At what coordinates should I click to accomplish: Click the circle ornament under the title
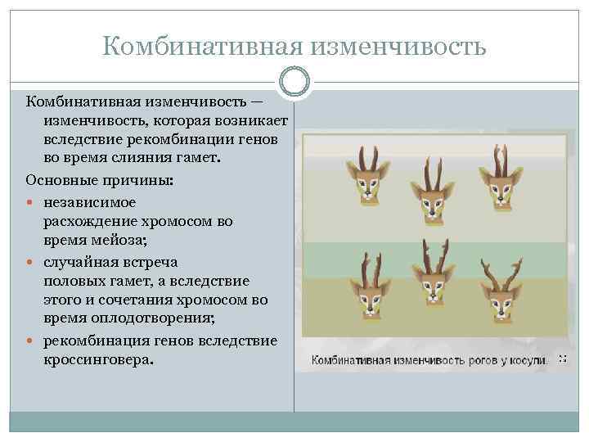click(x=294, y=80)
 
